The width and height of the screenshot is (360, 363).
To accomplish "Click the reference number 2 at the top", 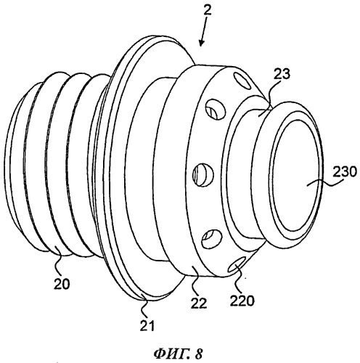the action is [207, 10].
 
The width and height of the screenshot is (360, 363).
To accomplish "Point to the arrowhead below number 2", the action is [201, 42].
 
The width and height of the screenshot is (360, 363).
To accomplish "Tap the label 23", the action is [282, 75].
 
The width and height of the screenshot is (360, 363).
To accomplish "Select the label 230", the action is [345, 173].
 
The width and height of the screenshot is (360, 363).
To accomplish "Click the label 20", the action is [62, 284].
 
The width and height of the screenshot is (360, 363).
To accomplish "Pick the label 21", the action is [147, 325].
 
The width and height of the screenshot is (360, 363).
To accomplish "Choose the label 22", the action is [199, 303].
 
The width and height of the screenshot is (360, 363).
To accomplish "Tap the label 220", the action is [242, 301].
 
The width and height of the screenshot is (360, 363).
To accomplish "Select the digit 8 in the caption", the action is [198, 354].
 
